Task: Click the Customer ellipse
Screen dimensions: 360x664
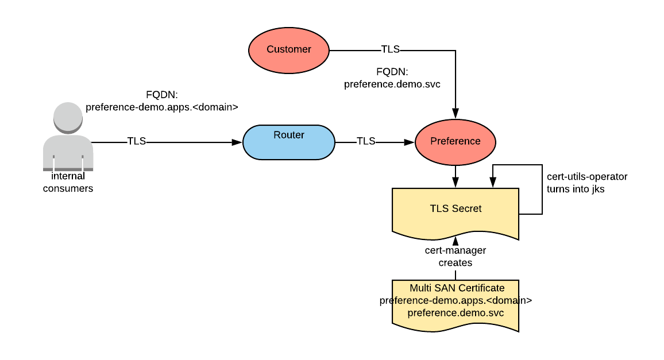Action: (288, 49)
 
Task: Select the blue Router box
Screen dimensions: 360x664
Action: (288, 142)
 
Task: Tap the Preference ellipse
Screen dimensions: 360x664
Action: (455, 141)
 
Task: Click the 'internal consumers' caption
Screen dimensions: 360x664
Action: (68, 182)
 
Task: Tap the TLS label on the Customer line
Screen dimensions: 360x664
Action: (391, 49)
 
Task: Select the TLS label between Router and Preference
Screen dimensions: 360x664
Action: (366, 141)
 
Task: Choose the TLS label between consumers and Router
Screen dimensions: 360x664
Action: (136, 141)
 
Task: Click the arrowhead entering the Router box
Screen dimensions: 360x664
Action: (237, 142)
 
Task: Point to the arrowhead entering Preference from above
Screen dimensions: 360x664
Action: (455, 114)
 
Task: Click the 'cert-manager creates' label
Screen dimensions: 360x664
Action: (455, 257)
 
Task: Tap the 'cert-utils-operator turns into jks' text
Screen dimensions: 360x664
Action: (587, 182)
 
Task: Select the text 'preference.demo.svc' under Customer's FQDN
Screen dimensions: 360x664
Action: (392, 84)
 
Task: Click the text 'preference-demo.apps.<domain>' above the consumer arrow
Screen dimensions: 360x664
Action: (161, 106)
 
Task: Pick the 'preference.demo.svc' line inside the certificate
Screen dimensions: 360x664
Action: (455, 313)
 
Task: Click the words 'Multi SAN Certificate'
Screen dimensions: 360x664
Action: (455, 288)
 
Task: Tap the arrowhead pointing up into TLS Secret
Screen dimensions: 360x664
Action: (455, 239)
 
